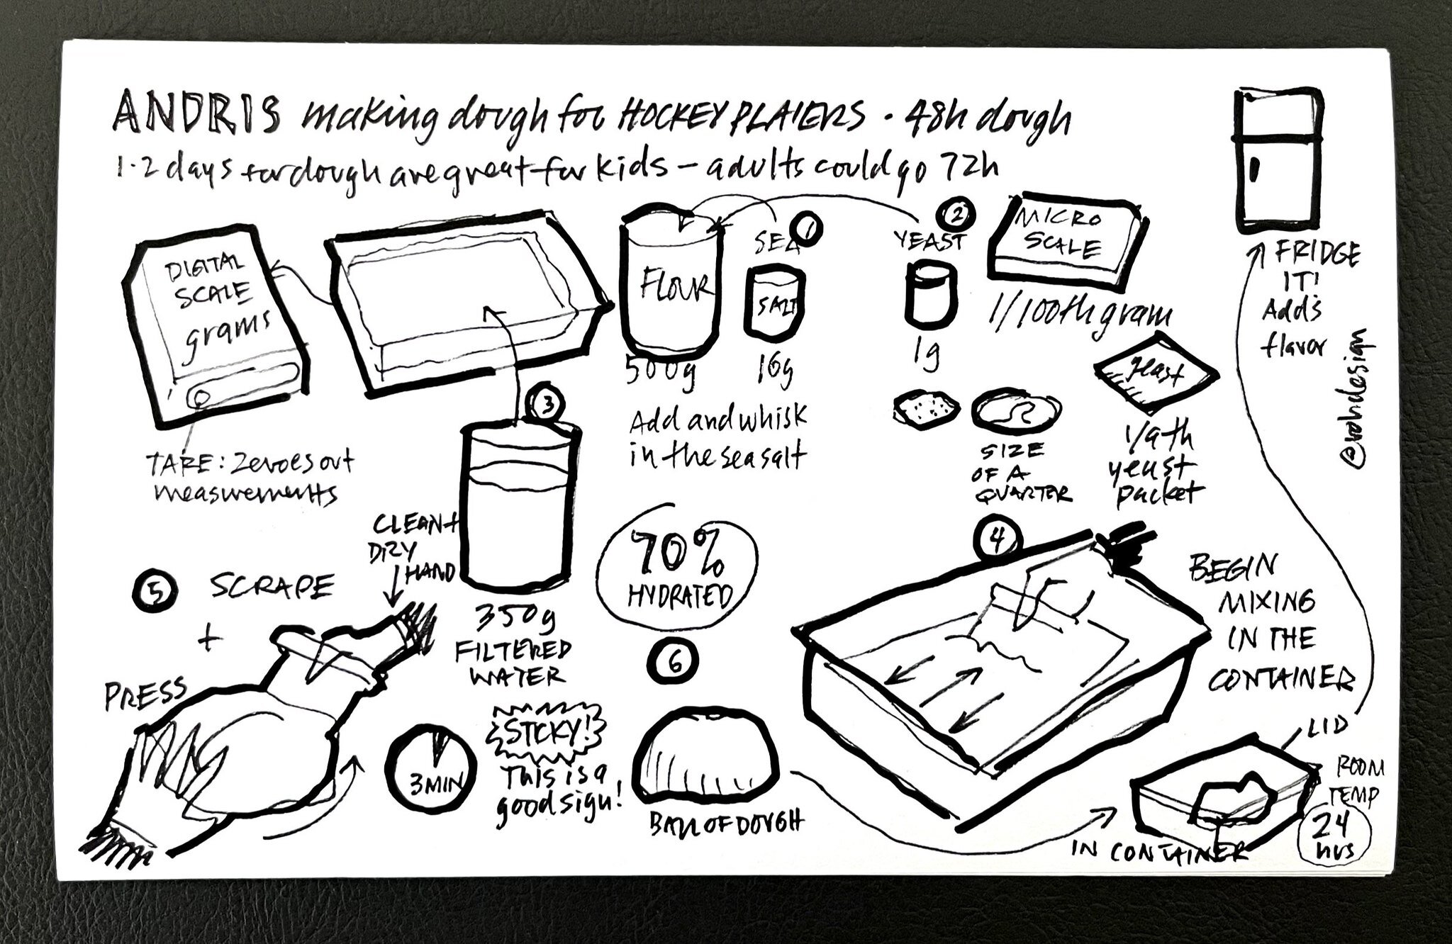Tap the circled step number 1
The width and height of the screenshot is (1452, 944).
(x=807, y=227)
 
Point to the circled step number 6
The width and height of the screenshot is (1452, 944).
(x=674, y=661)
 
